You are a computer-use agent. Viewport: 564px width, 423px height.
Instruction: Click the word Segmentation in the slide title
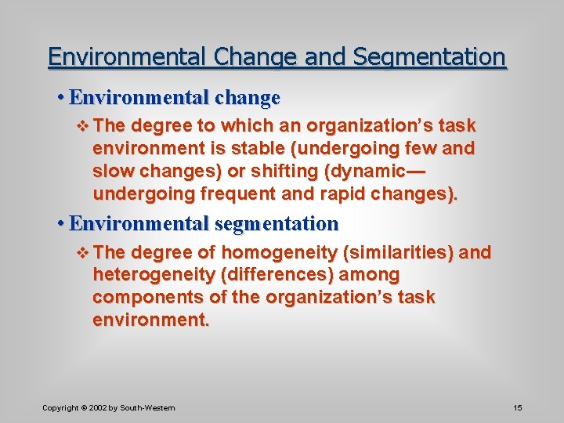[430, 57]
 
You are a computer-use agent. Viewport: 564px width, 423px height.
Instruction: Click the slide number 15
[517, 407]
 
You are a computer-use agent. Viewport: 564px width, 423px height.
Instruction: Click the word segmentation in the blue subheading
[276, 224]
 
